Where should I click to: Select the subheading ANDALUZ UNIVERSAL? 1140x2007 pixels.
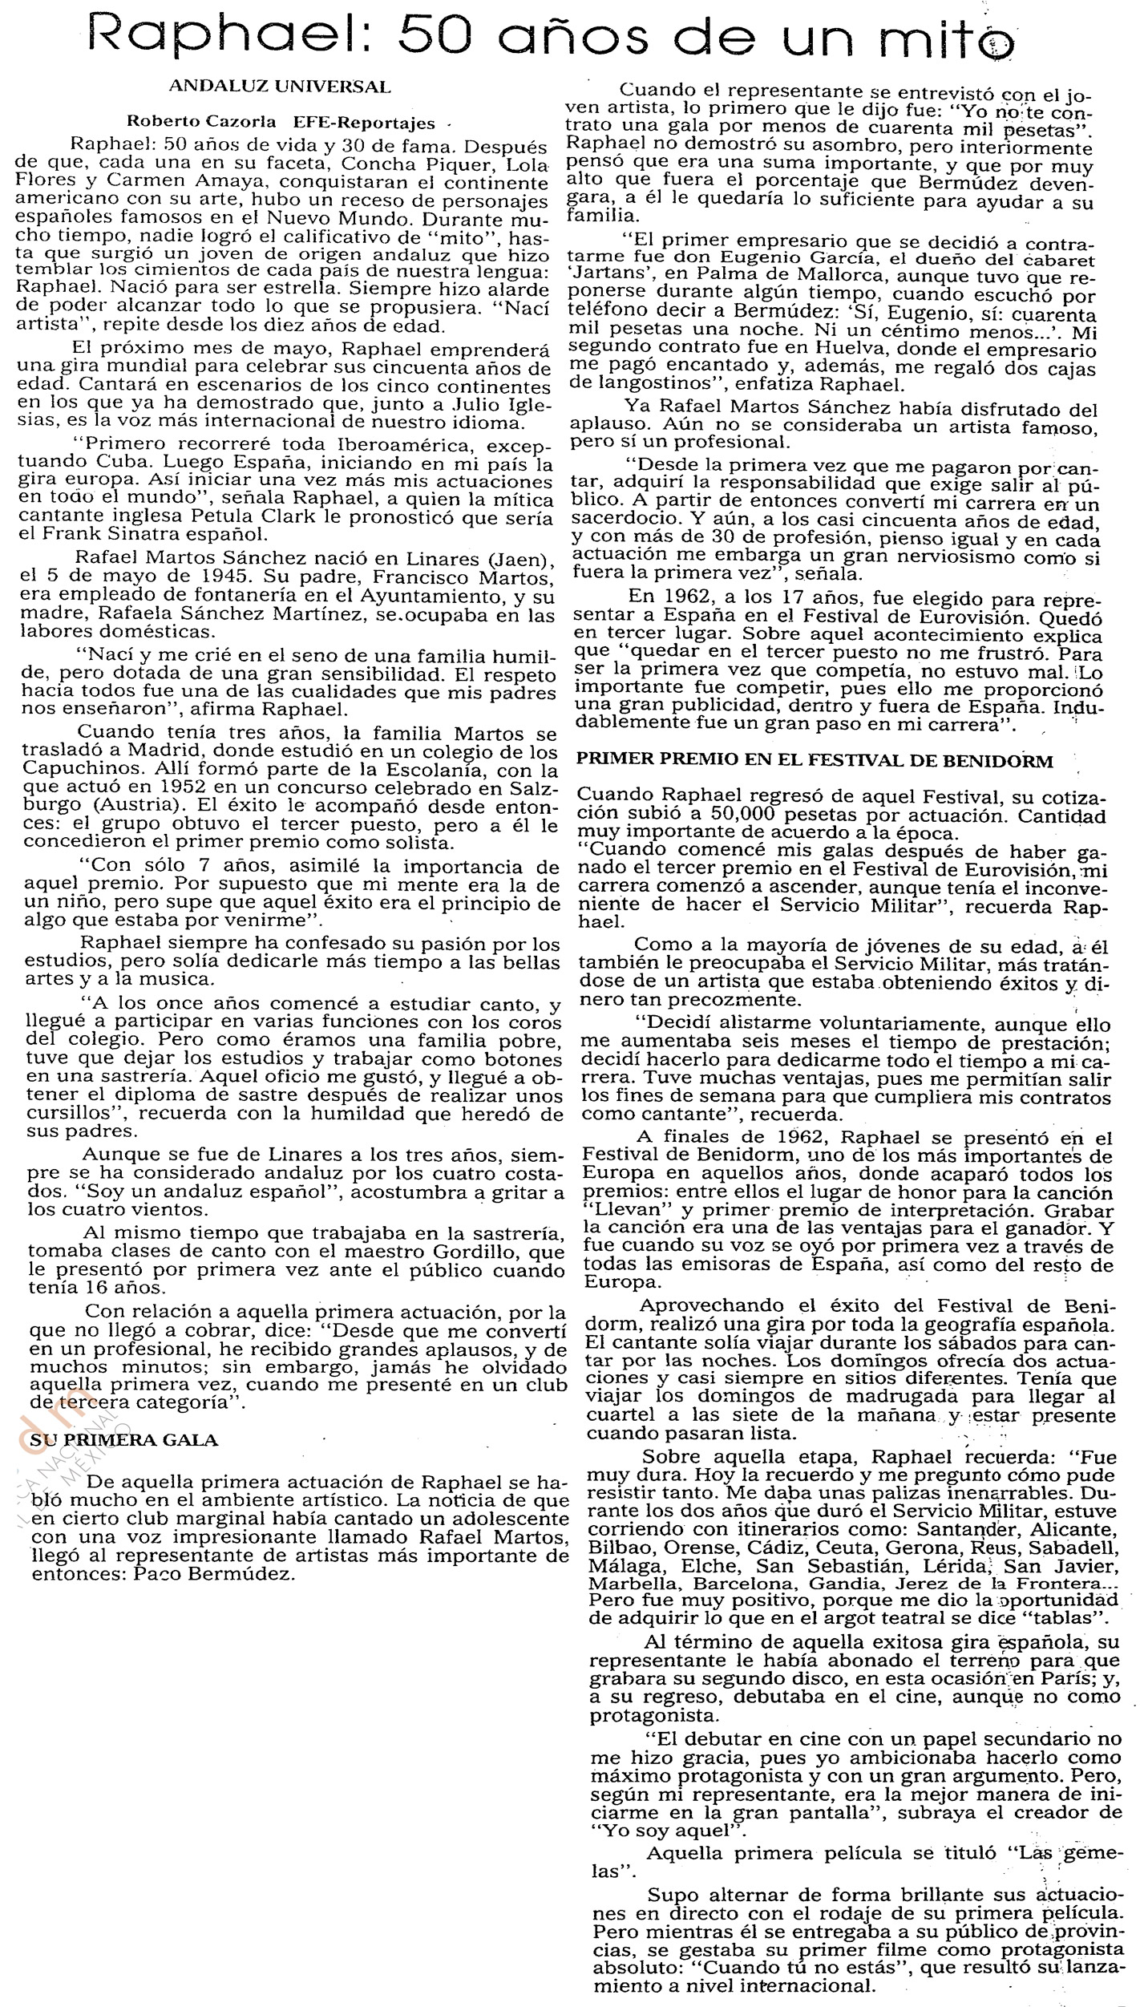click(281, 87)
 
